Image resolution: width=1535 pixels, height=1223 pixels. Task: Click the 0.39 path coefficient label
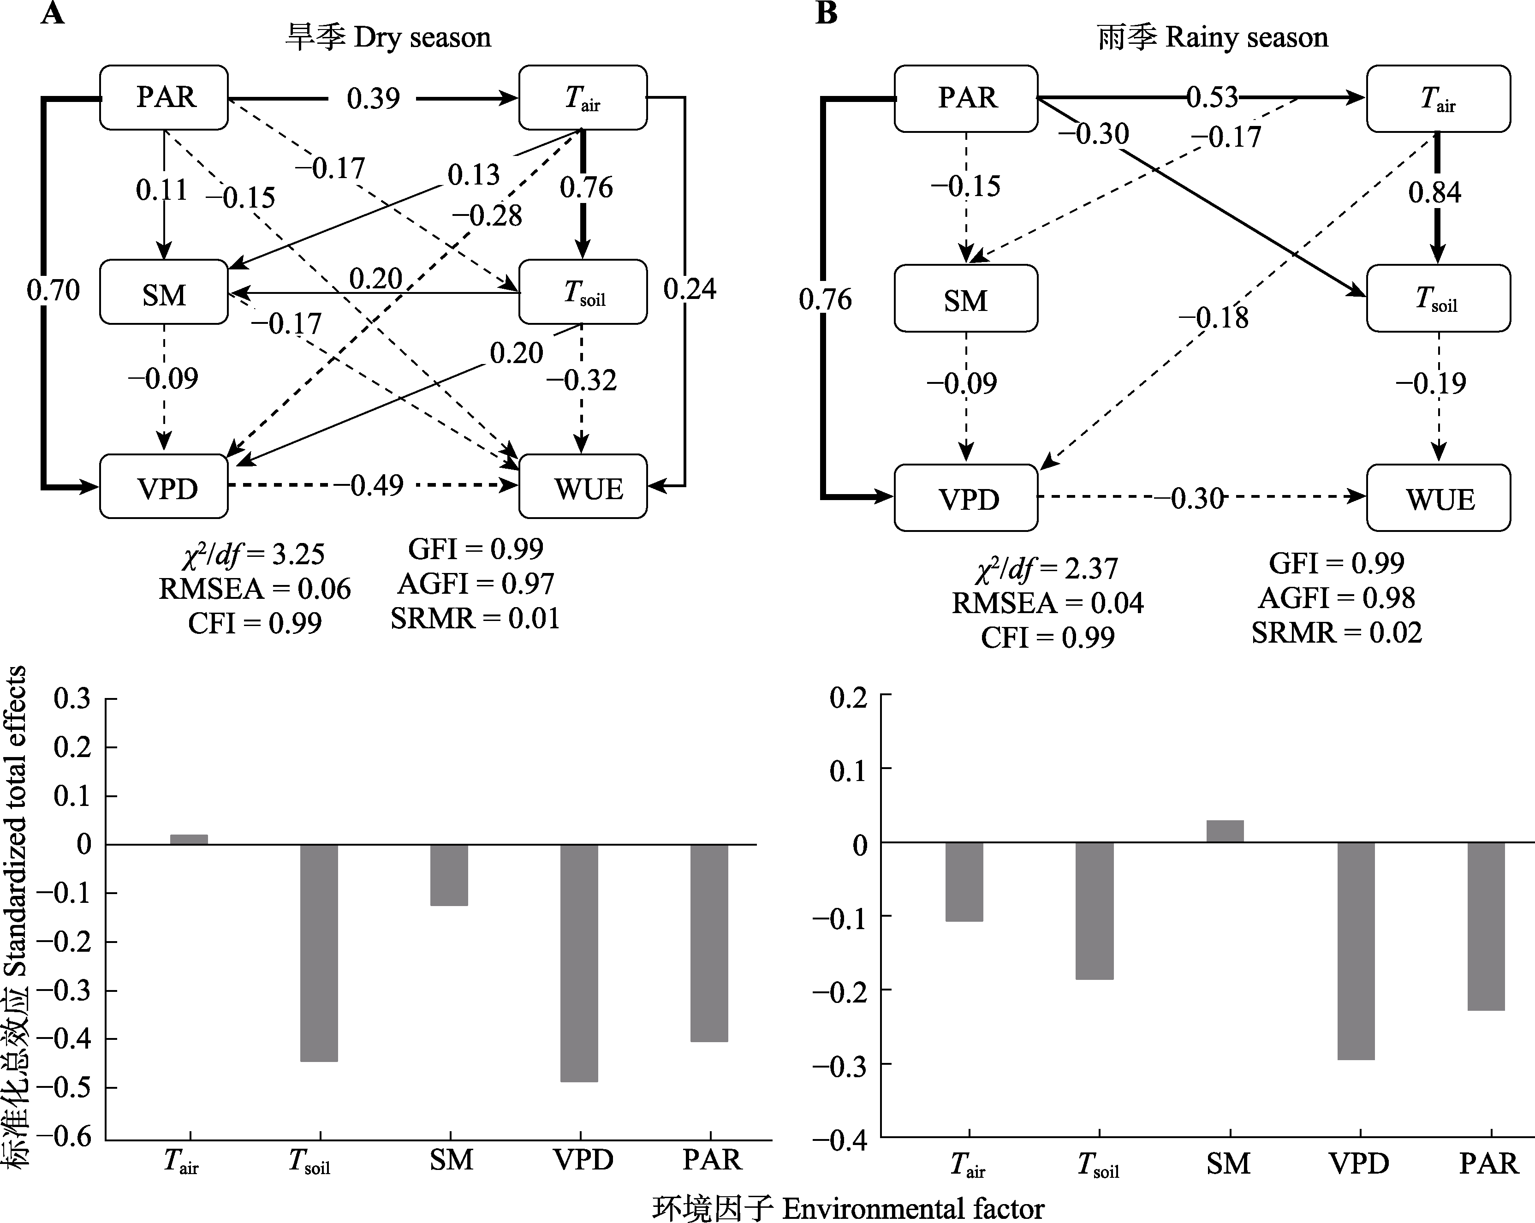pos(373,98)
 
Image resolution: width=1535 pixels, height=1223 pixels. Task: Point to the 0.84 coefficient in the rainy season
pos(1434,192)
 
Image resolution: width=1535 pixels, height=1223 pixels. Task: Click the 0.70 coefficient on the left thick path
pos(54,290)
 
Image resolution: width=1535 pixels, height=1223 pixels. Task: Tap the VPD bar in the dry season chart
pos(579,962)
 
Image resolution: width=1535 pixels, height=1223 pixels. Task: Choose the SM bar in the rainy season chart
pos(1226,831)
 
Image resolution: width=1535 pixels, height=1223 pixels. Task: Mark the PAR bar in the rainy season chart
pos(1487,926)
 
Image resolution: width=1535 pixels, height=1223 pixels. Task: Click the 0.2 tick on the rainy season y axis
pos(849,698)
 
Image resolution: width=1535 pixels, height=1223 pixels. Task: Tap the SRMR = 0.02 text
pos(1336,632)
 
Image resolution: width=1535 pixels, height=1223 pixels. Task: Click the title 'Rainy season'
pos(1246,37)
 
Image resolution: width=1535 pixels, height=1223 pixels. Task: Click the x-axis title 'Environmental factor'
pos(913,1208)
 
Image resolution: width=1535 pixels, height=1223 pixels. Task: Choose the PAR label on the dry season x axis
pos(712,1160)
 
